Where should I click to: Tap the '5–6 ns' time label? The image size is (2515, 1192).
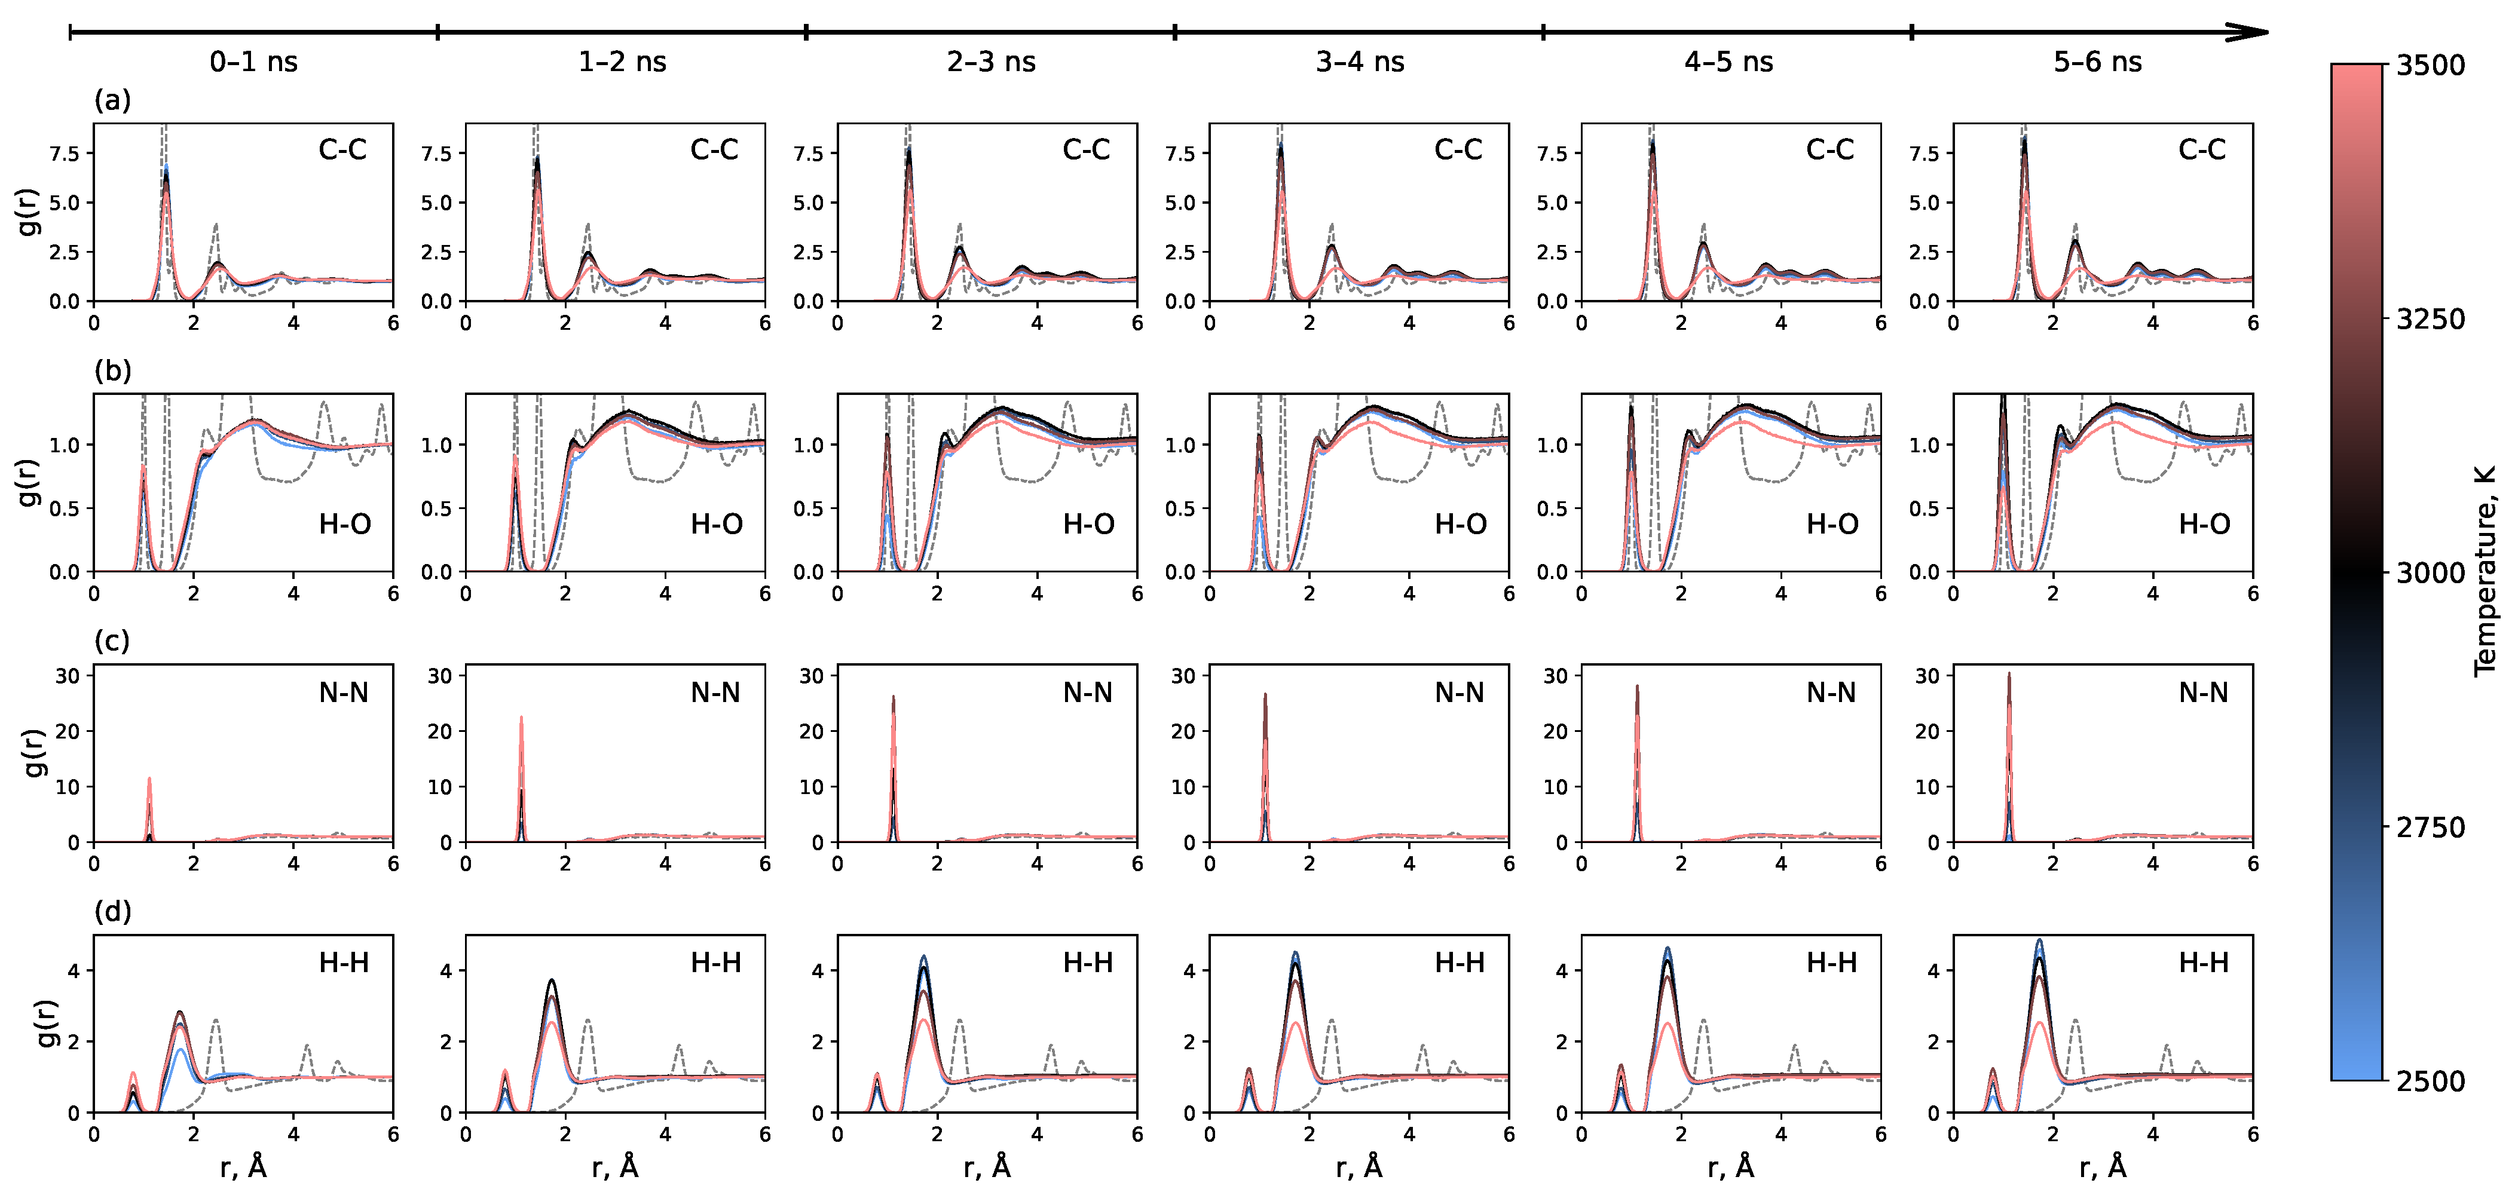pyautogui.click(x=2097, y=63)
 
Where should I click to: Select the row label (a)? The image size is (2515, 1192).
pyautogui.click(x=112, y=100)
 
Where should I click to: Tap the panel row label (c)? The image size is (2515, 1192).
pyautogui.click(x=112, y=641)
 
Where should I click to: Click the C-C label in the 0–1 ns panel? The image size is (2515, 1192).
pyautogui.click(x=342, y=151)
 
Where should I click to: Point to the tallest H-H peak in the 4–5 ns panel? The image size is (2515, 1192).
pyautogui.click(x=1666, y=948)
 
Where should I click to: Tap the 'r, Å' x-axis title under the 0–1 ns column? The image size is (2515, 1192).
pyautogui.click(x=243, y=1167)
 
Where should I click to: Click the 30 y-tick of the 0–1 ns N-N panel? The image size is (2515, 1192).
pyautogui.click(x=68, y=676)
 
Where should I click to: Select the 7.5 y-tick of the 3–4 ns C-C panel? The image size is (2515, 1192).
pyautogui.click(x=1179, y=154)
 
